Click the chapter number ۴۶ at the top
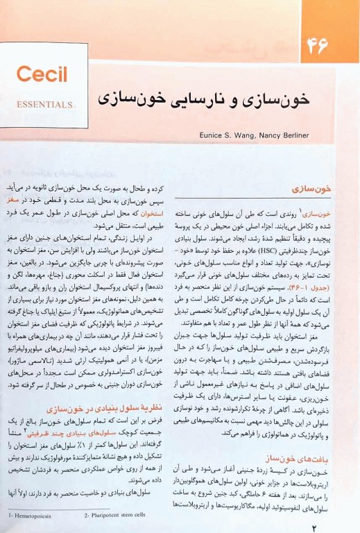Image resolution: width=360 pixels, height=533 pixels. (x=316, y=46)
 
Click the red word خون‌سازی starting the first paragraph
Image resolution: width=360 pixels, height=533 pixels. (x=330, y=214)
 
